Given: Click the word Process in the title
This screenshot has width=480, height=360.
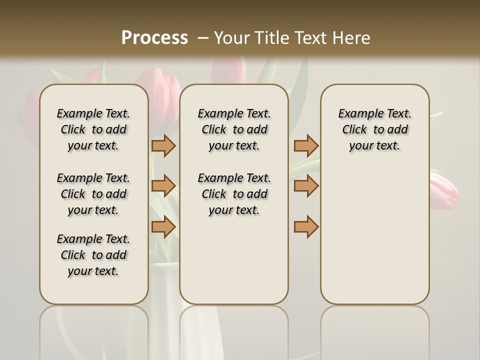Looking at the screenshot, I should click(154, 37).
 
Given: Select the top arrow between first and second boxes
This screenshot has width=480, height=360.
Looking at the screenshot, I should click(163, 145).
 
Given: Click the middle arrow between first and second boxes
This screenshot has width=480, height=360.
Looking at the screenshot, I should click(163, 186).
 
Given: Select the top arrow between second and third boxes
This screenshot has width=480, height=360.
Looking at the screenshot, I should click(306, 145).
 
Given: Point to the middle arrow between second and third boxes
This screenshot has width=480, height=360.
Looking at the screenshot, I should click(306, 186).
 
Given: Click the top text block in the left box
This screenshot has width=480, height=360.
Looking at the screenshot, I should click(93, 129).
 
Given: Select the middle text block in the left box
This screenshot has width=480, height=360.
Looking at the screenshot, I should click(93, 194).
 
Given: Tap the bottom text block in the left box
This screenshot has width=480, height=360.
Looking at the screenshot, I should click(93, 255).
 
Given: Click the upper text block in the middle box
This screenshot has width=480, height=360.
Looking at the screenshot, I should click(234, 129).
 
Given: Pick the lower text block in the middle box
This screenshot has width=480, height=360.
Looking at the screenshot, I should click(234, 194).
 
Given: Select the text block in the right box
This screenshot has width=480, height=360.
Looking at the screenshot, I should click(375, 129).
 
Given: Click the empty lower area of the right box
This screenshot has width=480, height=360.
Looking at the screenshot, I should click(375, 240).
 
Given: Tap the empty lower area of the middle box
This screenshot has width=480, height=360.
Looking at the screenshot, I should click(234, 260).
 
